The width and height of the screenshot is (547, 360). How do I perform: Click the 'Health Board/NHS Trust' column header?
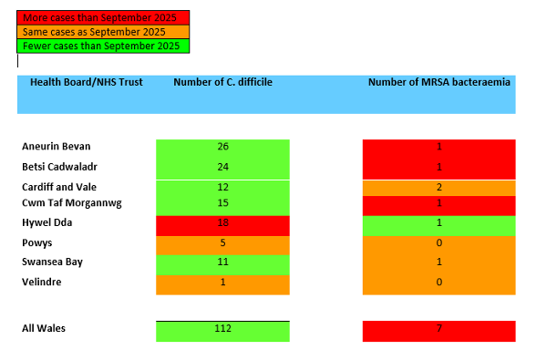tap(87, 82)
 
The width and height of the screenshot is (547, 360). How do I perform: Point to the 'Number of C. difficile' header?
tap(222, 82)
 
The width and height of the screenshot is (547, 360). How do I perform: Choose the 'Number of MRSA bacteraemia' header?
tap(439, 82)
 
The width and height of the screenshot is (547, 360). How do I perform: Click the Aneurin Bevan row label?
tap(57, 147)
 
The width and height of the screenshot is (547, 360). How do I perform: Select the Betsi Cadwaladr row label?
tap(60, 167)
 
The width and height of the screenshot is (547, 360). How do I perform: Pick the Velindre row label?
tap(43, 282)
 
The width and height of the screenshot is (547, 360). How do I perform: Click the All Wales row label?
tap(44, 328)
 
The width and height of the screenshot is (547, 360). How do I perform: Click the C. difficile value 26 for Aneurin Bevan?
tap(223, 147)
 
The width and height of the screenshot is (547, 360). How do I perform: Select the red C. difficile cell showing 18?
tap(223, 222)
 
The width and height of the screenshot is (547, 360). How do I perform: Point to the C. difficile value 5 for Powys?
tap(223, 242)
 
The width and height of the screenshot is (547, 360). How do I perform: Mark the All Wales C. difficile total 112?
tap(223, 329)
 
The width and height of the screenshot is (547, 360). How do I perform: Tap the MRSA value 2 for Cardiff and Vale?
tap(439, 186)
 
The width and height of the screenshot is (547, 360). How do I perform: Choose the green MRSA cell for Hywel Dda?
tap(439, 222)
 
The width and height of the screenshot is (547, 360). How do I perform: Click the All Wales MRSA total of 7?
tap(439, 328)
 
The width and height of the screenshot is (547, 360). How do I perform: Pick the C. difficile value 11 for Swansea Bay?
tap(223, 262)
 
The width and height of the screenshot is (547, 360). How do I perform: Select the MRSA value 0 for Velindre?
tap(439, 282)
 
